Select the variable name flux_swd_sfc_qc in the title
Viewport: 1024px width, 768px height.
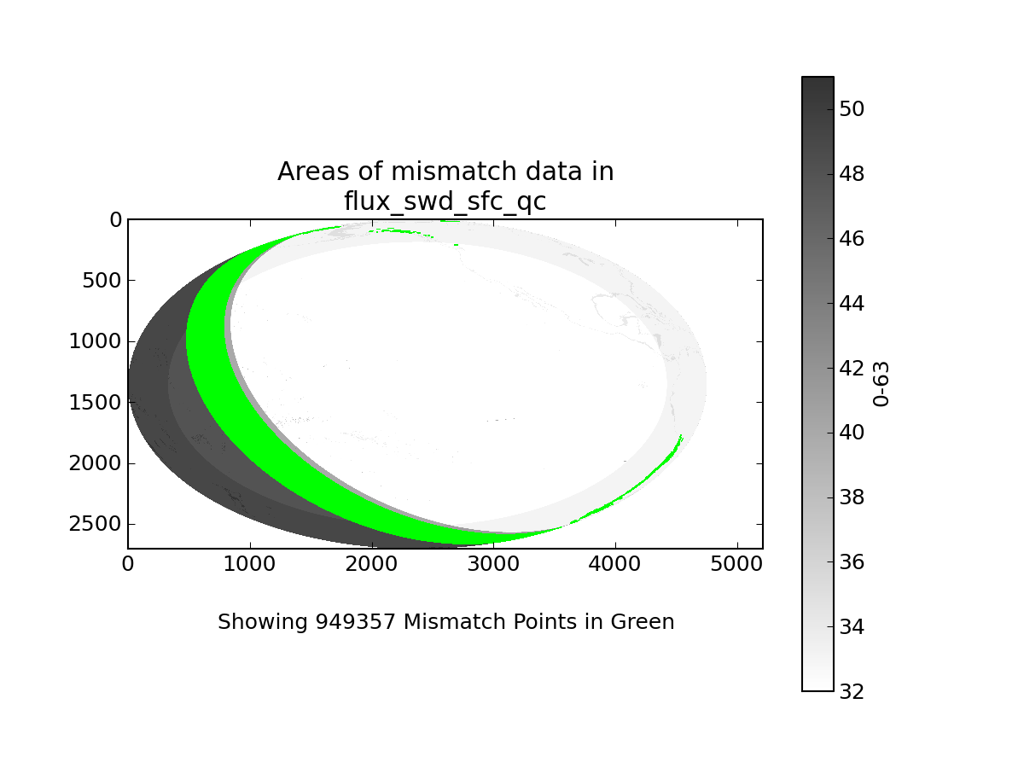pyautogui.click(x=445, y=202)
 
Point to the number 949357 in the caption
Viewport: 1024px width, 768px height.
pyautogui.click(x=356, y=621)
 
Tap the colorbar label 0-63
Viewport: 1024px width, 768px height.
pyautogui.click(x=881, y=384)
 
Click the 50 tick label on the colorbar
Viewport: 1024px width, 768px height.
pyautogui.click(x=852, y=109)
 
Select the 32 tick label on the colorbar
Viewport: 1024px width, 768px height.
pyautogui.click(x=852, y=691)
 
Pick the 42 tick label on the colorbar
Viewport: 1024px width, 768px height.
pyautogui.click(x=852, y=369)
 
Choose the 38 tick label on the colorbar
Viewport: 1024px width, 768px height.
pyautogui.click(x=852, y=497)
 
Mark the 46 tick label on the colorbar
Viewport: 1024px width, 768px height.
pyautogui.click(x=852, y=239)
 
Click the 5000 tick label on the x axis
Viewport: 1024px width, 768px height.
pyautogui.click(x=736, y=564)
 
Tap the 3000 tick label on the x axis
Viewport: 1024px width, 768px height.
pyautogui.click(x=493, y=564)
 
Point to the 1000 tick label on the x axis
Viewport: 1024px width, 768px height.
pyautogui.click(x=249, y=564)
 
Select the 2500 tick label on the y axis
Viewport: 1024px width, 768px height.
pyautogui.click(x=96, y=524)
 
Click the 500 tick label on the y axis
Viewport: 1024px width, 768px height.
pyautogui.click(x=102, y=281)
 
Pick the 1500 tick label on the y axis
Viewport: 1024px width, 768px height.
pyautogui.click(x=96, y=403)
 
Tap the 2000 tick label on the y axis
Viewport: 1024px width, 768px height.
pyautogui.click(x=96, y=463)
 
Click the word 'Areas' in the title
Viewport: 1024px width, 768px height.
pyautogui.click(x=313, y=172)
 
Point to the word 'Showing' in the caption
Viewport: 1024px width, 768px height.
pyautogui.click(x=263, y=623)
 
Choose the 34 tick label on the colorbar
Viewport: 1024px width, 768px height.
pyautogui.click(x=852, y=627)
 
